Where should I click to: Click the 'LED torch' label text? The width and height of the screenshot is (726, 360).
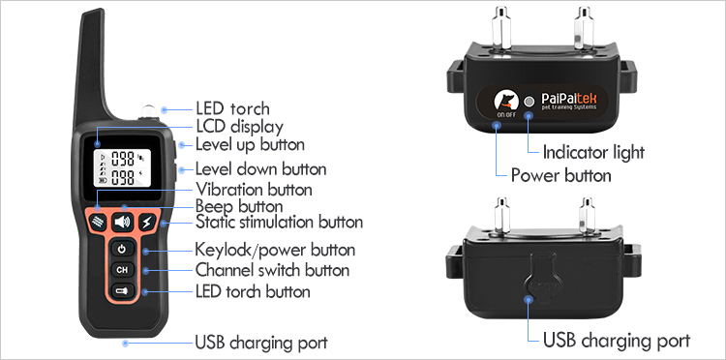(x=232, y=108)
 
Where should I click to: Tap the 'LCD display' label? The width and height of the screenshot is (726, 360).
(x=239, y=127)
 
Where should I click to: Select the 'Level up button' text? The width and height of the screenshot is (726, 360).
(x=250, y=144)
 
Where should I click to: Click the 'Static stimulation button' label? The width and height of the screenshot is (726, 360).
(x=279, y=224)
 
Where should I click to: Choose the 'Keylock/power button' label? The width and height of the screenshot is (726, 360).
(x=275, y=250)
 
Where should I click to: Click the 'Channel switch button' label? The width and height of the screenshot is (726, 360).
(x=272, y=270)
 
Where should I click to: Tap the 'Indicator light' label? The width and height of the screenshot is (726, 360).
(x=593, y=152)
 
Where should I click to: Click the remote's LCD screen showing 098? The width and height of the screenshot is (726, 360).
(x=121, y=168)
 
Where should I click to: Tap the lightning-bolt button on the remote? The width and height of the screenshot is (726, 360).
(x=147, y=223)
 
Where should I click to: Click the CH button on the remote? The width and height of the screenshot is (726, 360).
(x=122, y=269)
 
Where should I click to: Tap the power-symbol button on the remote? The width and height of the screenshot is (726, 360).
(x=122, y=249)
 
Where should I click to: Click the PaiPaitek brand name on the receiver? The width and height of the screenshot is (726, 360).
(x=576, y=100)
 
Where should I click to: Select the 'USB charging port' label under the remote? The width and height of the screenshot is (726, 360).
(x=260, y=343)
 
